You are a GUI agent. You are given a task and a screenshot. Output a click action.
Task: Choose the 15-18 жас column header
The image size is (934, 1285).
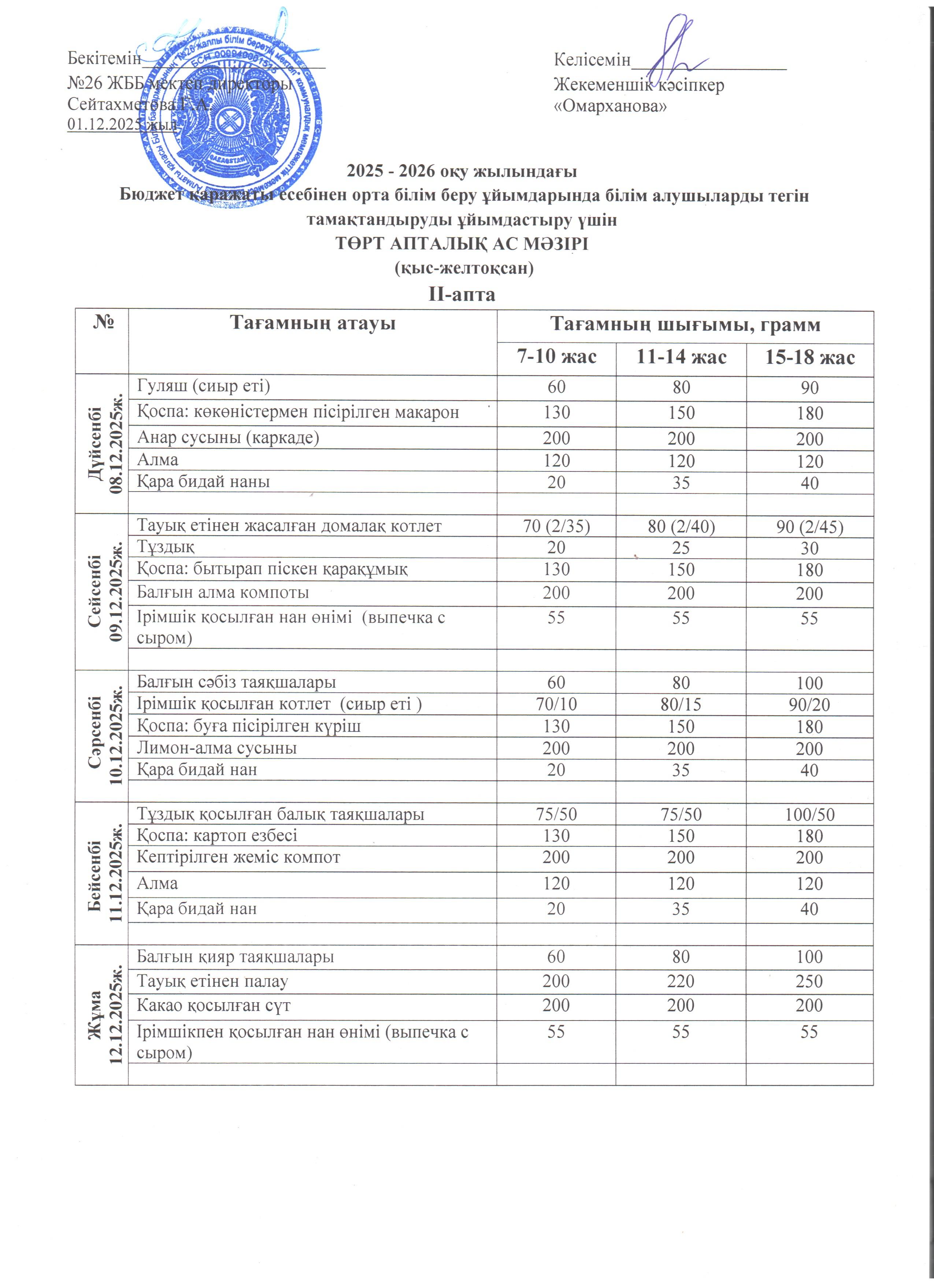tap(809, 358)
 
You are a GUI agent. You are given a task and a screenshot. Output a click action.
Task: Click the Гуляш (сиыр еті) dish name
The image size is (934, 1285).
tap(203, 386)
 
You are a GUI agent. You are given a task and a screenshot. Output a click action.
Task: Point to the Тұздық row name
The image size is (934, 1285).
tap(166, 547)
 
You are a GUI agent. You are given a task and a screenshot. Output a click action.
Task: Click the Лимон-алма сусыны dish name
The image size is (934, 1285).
tap(216, 748)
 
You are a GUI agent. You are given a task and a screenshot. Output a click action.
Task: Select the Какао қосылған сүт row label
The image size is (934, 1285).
tap(214, 1006)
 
